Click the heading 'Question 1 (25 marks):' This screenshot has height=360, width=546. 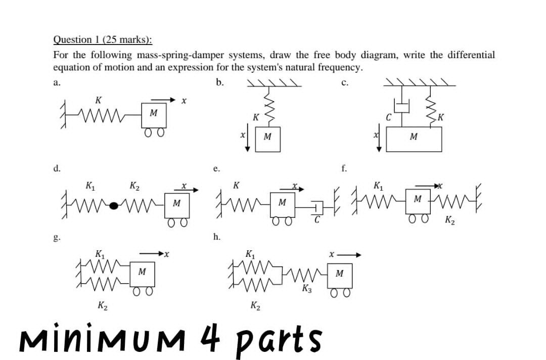[x=103, y=39]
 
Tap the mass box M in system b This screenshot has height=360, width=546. [x=267, y=138]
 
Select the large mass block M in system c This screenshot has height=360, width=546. [x=414, y=139]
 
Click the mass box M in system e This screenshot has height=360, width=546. [x=282, y=203]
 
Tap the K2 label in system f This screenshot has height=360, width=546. [x=450, y=220]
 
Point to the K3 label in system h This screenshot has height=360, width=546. [x=306, y=289]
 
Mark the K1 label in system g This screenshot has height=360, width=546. [x=100, y=254]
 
